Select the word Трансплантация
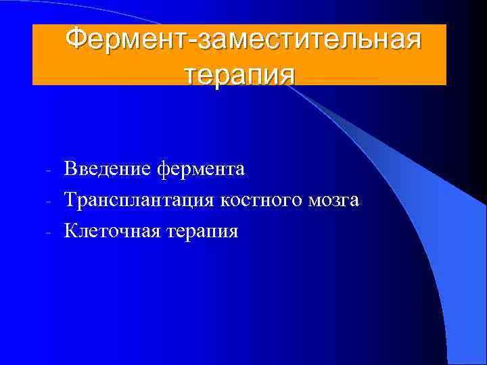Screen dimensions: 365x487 [x=139, y=200]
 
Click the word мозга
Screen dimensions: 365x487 [x=335, y=200]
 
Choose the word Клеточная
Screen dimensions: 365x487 [x=111, y=231]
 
